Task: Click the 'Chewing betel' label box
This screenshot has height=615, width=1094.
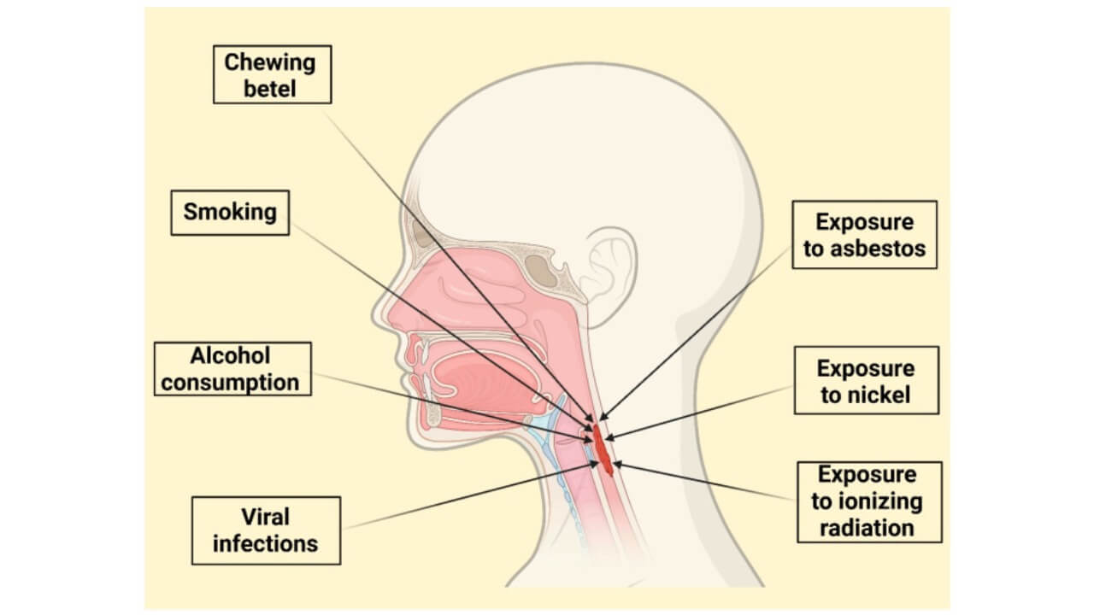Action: (271, 74)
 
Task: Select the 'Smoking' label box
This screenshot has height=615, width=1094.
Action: (230, 211)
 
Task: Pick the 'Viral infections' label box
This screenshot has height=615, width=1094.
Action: (265, 530)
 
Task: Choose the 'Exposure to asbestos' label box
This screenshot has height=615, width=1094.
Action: (864, 235)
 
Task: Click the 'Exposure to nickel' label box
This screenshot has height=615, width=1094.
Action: (866, 381)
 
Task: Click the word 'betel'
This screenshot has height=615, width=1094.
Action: (270, 87)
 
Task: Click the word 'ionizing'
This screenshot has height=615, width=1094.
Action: (879, 501)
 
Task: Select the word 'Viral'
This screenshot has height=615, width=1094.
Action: (265, 517)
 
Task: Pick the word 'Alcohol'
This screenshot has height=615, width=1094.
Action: (230, 355)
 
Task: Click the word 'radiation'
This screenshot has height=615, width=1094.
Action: (868, 527)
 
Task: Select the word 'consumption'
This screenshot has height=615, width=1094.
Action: (231, 382)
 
